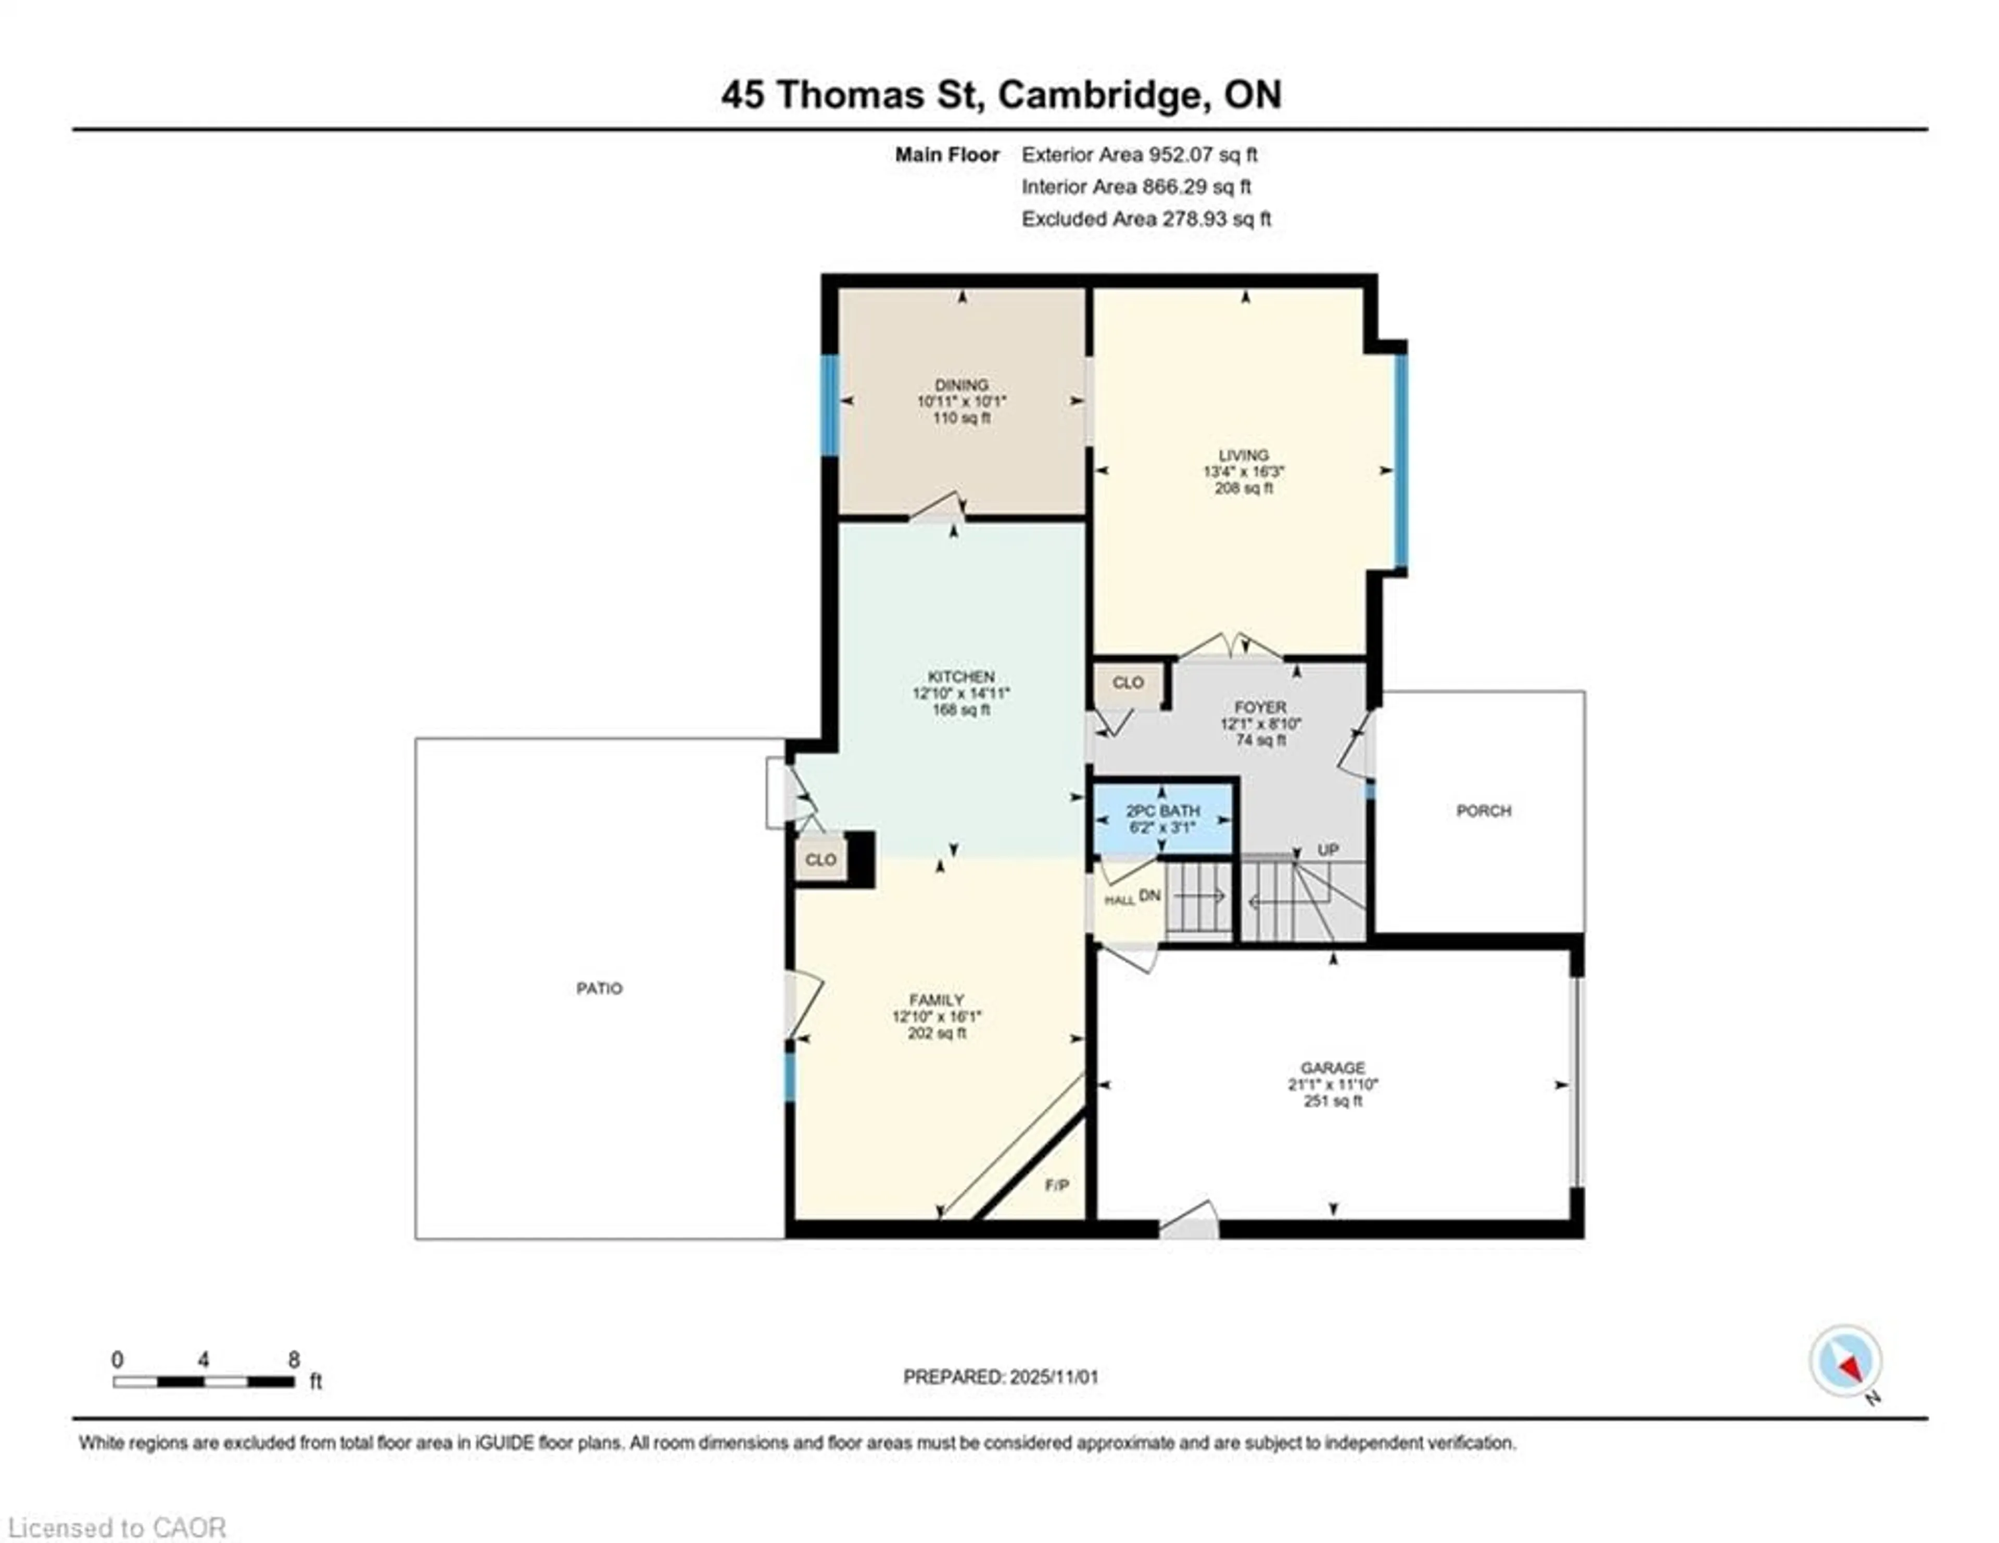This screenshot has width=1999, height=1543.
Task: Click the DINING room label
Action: (961, 384)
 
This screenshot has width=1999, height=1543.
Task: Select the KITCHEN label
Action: (961, 676)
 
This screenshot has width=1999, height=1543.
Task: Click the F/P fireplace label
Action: (1057, 1185)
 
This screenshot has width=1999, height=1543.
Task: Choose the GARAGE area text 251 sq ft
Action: (1333, 1101)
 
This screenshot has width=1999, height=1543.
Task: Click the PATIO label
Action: (600, 989)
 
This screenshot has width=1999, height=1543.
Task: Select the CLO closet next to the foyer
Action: (1128, 682)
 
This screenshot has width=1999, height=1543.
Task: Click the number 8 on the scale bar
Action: (294, 1360)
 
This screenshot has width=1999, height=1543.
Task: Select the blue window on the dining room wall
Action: (829, 406)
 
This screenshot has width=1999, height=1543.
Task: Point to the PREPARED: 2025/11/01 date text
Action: (1001, 1376)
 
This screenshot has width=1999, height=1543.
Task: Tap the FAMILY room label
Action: (937, 1001)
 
